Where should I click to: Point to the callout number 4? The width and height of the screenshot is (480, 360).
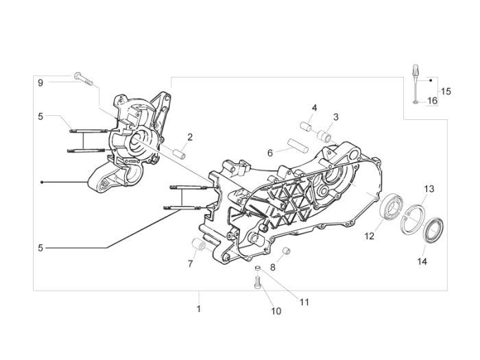[x=314, y=108]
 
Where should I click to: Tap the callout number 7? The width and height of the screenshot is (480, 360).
[x=191, y=263]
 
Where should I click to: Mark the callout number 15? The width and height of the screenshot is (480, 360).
[x=446, y=91]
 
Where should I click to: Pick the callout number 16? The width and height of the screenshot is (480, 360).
[x=432, y=101]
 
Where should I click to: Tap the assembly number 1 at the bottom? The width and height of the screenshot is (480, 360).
[x=198, y=309]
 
